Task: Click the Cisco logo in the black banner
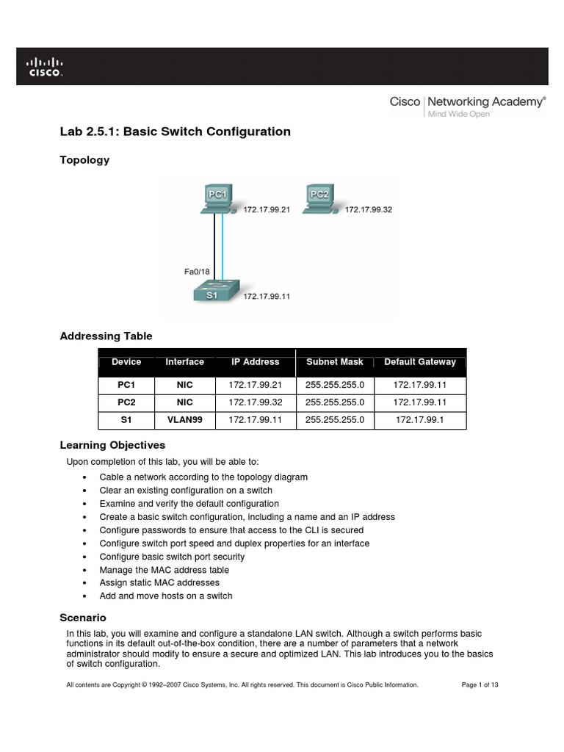click(x=45, y=68)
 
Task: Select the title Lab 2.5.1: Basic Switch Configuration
click(x=175, y=131)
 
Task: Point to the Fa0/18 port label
click(x=197, y=272)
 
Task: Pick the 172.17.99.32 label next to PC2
click(x=369, y=209)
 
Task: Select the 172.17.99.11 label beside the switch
click(x=267, y=297)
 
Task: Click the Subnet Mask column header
click(x=335, y=362)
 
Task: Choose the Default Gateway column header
click(x=420, y=362)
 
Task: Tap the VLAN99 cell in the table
click(x=184, y=420)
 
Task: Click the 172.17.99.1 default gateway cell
click(x=420, y=420)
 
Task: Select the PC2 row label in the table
click(x=126, y=402)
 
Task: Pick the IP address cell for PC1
click(x=253, y=385)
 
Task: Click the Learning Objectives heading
click(x=112, y=445)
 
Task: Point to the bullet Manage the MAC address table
click(x=164, y=570)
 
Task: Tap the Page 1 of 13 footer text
click(x=480, y=684)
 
